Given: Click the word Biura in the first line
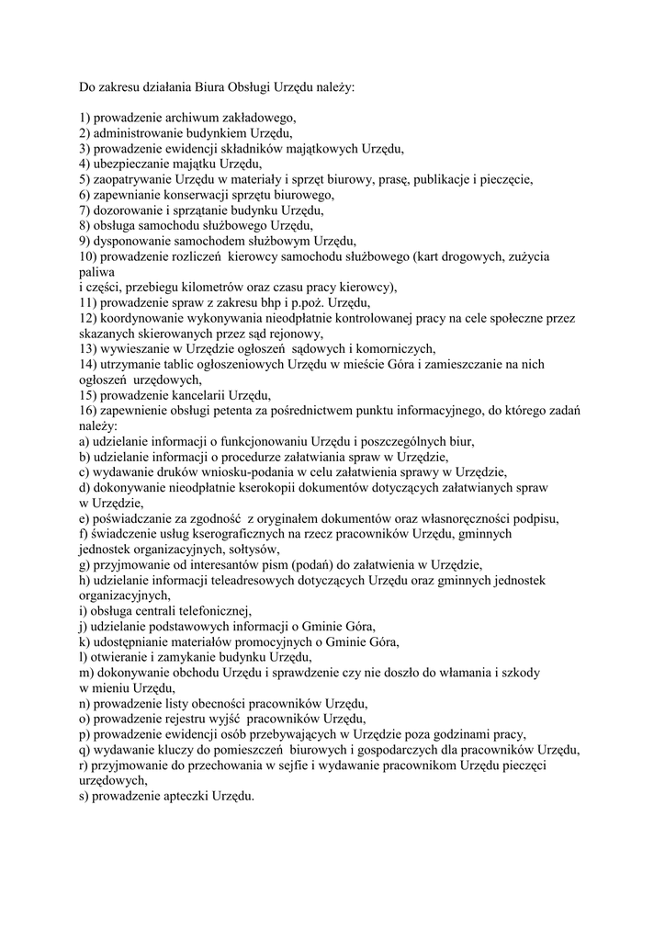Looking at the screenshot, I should [210, 88].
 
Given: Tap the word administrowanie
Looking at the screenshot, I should [139, 133].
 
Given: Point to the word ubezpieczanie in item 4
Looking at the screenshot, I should [129, 164].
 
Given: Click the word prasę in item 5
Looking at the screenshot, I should [408, 179].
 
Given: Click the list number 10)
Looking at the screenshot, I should [88, 256].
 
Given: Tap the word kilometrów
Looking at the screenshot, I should [206, 287].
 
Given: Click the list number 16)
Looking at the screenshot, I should [88, 410].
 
